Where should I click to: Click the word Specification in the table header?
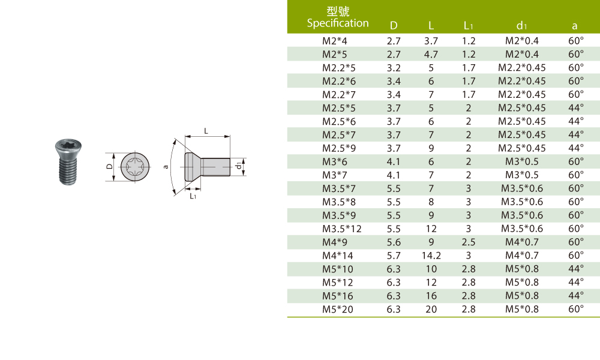click(x=337, y=23)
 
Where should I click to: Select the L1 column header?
click(x=469, y=26)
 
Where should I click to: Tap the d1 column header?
click(x=521, y=26)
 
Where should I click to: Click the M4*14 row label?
click(x=337, y=256)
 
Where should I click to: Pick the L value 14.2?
click(x=431, y=256)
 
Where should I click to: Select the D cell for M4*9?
click(x=394, y=242)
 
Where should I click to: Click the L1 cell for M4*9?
click(x=469, y=242)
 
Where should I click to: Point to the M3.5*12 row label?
click(x=342, y=229)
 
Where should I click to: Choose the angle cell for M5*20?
click(x=576, y=309)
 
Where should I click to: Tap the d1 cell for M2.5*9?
click(x=521, y=148)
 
